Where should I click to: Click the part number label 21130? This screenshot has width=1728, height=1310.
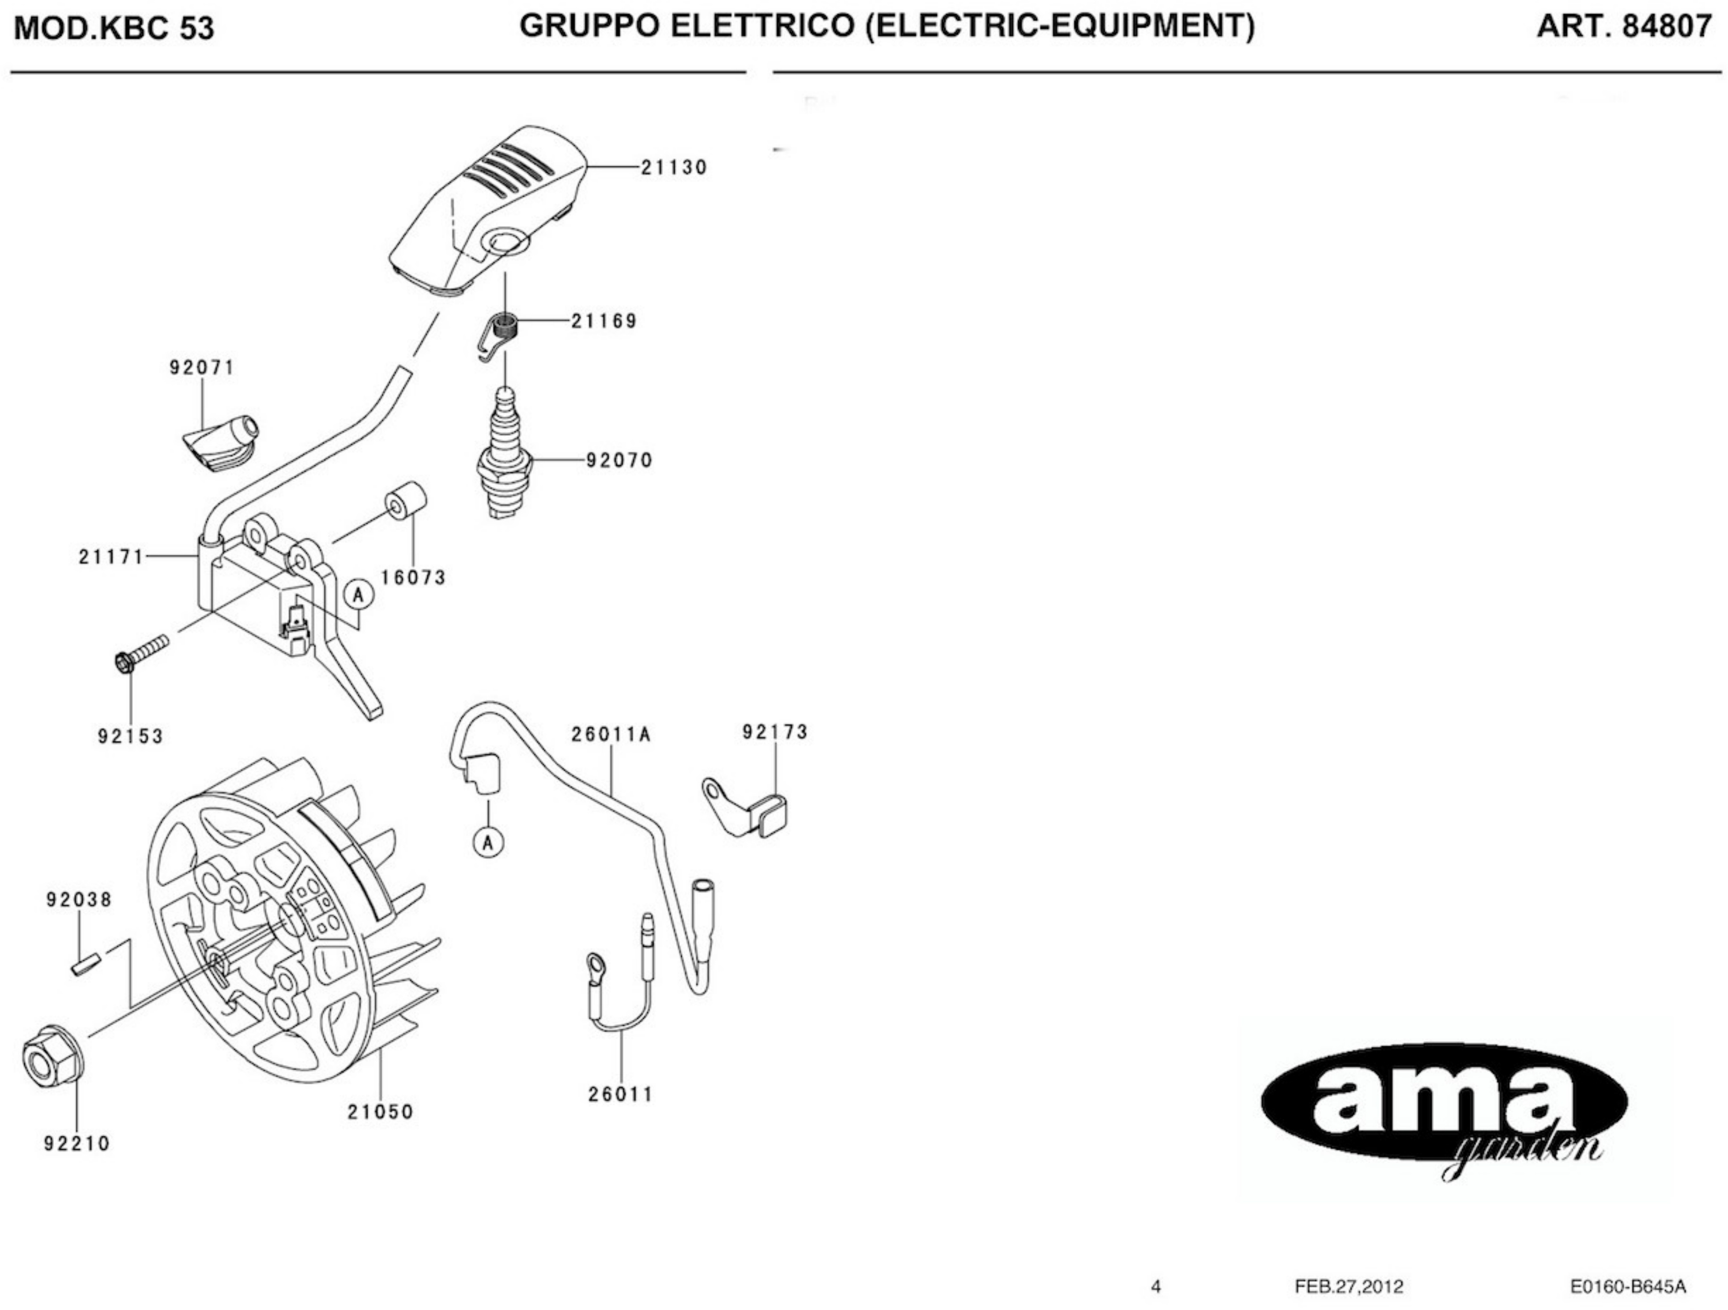click(x=673, y=167)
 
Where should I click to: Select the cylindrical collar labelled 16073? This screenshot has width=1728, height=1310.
click(x=406, y=503)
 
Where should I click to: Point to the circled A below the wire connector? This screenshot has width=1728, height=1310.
click(x=488, y=842)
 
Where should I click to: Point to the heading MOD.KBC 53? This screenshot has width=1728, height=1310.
click(x=114, y=29)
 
